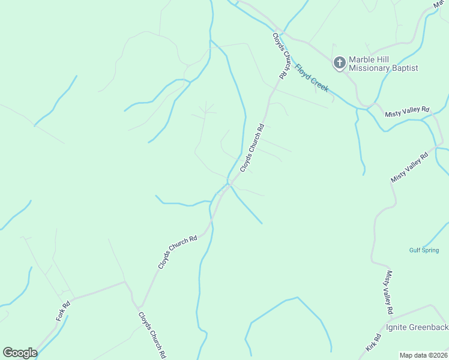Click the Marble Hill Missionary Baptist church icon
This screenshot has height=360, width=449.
pyautogui.click(x=339, y=62)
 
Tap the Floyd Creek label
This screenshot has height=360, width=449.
pyautogui.click(x=312, y=78)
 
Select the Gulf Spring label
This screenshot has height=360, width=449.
pyautogui.click(x=424, y=250)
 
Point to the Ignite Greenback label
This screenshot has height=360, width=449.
pyautogui.click(x=417, y=327)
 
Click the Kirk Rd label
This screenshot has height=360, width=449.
pyautogui.click(x=373, y=343)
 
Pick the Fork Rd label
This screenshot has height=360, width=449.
pyautogui.click(x=63, y=310)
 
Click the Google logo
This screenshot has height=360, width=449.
pyautogui.click(x=20, y=353)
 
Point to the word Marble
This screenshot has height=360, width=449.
pyautogui.click(x=363, y=59)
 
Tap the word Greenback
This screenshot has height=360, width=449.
pyautogui.click(x=430, y=327)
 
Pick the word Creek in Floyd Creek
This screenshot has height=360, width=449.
pyautogui.click(x=320, y=85)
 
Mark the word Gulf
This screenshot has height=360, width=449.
pyautogui.click(x=415, y=250)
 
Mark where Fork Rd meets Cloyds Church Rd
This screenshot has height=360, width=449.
pyautogui.click(x=124, y=281)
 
